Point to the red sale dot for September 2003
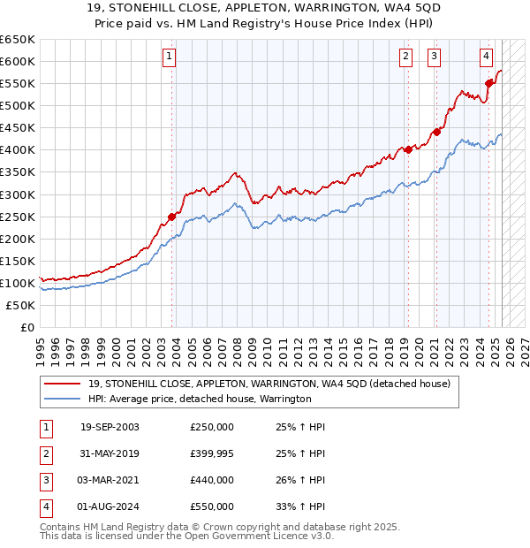tap(171, 217)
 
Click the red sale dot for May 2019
tap(408, 150)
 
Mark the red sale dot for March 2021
tap(436, 133)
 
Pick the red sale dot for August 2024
tap(488, 84)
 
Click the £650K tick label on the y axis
tap(18, 39)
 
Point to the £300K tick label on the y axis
tap(18, 194)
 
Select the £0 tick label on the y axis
tap(27, 327)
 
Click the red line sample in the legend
tap(62, 384)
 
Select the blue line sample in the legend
tap(62, 399)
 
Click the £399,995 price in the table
tap(212, 453)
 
